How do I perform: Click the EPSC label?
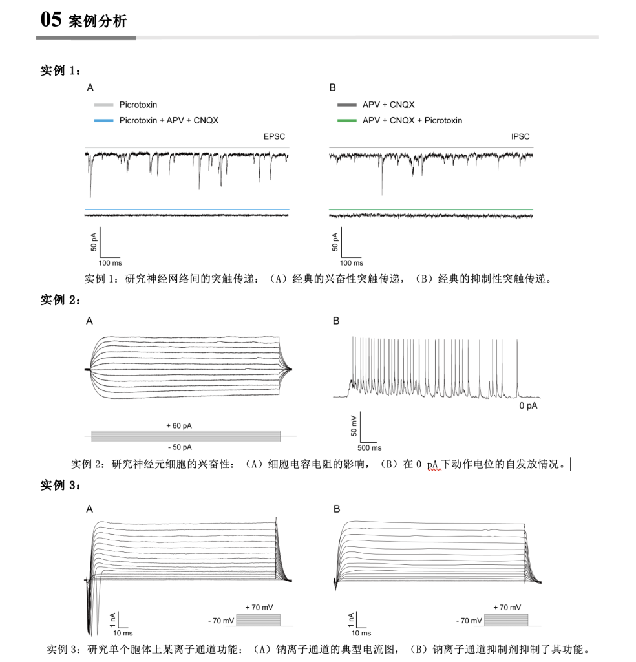(274, 136)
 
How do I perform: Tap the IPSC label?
(520, 136)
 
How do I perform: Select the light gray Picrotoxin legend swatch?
(103, 105)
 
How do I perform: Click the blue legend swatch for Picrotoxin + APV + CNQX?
(103, 120)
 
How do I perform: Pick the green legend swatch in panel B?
(347, 120)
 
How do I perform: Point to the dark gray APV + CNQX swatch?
(347, 105)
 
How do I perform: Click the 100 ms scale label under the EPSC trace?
(110, 263)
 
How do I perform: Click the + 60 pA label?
(179, 425)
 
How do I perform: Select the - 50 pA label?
(179, 447)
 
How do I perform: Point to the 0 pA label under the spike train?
(528, 406)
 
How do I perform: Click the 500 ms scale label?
(369, 447)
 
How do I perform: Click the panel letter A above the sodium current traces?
(90, 509)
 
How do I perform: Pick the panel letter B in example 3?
(336, 509)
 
